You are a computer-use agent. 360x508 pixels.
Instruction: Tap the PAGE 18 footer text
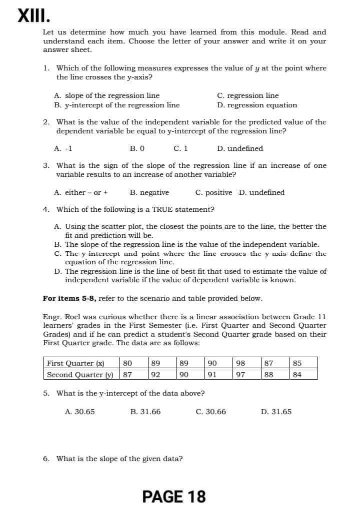pyautogui.click(x=173, y=496)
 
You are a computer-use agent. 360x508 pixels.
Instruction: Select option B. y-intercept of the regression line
pyautogui.click(x=116, y=105)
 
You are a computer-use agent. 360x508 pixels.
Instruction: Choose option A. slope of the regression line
pyautogui.click(x=106, y=95)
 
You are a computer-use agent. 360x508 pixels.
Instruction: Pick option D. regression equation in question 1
pyautogui.click(x=257, y=105)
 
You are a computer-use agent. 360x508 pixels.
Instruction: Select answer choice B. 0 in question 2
pyautogui.click(x=137, y=148)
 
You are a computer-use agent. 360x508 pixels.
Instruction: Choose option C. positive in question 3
pyautogui.click(x=213, y=192)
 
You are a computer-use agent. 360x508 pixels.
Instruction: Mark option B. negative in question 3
pyautogui.click(x=149, y=192)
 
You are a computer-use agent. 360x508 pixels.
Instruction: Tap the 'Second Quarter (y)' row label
pyautogui.click(x=80, y=374)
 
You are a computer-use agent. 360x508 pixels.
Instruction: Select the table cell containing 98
pyautogui.click(x=240, y=363)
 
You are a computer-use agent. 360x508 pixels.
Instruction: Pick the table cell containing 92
pyautogui.click(x=155, y=374)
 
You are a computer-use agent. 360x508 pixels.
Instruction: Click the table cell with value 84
pyautogui.click(x=297, y=374)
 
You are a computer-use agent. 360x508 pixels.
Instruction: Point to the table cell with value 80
pyautogui.click(x=127, y=363)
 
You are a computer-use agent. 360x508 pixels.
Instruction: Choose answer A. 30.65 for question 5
pyautogui.click(x=79, y=412)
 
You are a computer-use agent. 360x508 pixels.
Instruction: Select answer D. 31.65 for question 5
pyautogui.click(x=276, y=412)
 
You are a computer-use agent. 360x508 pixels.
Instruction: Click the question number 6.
pyautogui.click(x=46, y=458)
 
